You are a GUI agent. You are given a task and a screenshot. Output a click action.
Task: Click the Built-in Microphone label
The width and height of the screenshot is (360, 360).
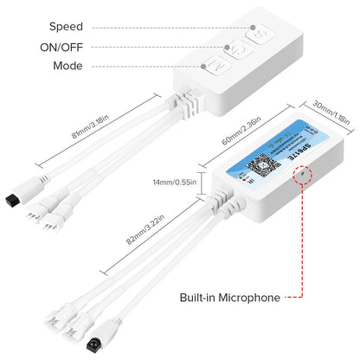[229, 298]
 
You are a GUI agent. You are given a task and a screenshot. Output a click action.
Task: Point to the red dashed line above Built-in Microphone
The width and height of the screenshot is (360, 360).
[304, 242]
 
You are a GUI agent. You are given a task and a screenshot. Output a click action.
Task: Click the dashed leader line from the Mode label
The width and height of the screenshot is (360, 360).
[147, 67]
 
